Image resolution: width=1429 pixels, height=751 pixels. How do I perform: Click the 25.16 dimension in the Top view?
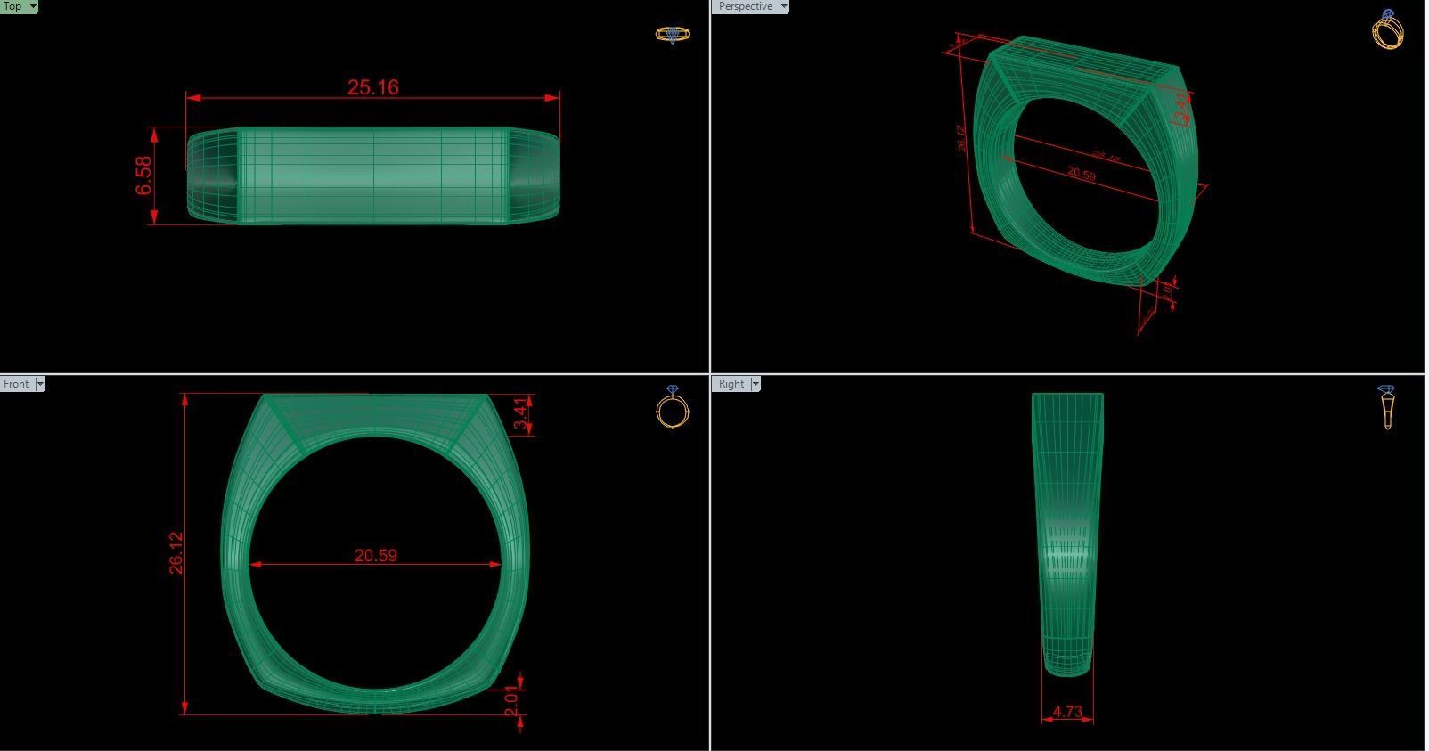(372, 87)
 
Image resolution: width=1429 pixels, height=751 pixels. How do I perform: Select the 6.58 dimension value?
(144, 176)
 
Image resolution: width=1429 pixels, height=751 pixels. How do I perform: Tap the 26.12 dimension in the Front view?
(176, 552)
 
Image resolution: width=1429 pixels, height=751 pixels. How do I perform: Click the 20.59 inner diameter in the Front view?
(375, 555)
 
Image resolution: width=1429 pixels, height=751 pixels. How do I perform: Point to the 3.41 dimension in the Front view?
(522, 413)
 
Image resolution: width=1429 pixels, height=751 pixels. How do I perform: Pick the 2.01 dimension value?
(510, 700)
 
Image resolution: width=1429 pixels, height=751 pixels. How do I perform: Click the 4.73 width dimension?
(1066, 712)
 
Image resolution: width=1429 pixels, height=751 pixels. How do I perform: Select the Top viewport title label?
(12, 6)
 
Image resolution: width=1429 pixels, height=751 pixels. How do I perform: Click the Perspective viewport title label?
(745, 6)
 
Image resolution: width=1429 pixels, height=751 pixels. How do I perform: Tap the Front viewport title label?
(16, 384)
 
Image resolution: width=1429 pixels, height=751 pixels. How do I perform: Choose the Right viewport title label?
(731, 384)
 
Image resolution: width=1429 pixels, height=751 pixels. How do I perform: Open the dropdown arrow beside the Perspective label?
(784, 6)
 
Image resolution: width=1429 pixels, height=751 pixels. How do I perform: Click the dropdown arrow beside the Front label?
(39, 384)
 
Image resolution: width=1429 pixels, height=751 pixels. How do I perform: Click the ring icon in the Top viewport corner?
(672, 35)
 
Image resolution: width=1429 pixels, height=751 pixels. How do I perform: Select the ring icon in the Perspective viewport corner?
(1387, 30)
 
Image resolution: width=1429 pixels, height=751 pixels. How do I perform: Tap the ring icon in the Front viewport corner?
(672, 407)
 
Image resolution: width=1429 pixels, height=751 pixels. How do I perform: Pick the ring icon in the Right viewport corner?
(1386, 406)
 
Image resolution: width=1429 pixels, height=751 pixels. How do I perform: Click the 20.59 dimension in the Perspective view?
(1081, 174)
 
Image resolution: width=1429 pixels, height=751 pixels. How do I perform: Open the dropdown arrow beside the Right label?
(755, 384)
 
